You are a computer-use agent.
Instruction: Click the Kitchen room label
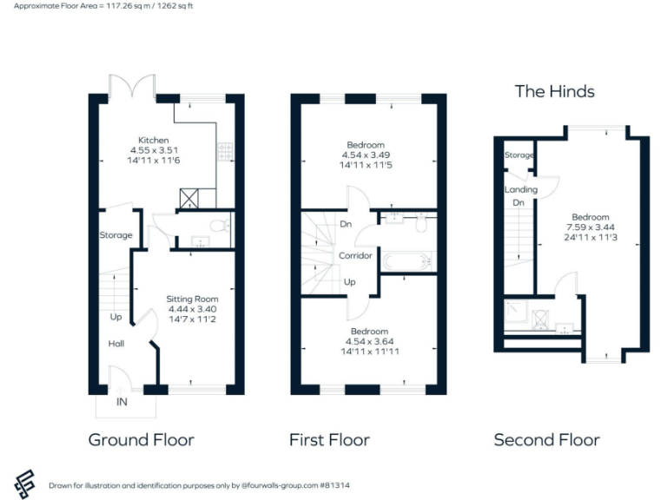coord(154,140)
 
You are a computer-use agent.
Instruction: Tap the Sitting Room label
coord(192,299)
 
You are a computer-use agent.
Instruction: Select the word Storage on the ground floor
coord(116,235)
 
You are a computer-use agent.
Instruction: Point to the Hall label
coord(116,344)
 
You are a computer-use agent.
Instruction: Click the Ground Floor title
coord(141,440)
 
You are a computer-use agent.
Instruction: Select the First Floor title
coord(329,440)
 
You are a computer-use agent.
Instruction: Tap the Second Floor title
coord(546,440)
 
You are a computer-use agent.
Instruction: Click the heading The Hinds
coord(554,91)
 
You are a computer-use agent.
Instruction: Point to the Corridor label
coord(355,256)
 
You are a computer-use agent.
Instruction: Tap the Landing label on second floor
coord(521,189)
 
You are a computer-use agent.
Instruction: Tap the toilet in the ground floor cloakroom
coord(220,227)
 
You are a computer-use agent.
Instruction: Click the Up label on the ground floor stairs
coord(116,317)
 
